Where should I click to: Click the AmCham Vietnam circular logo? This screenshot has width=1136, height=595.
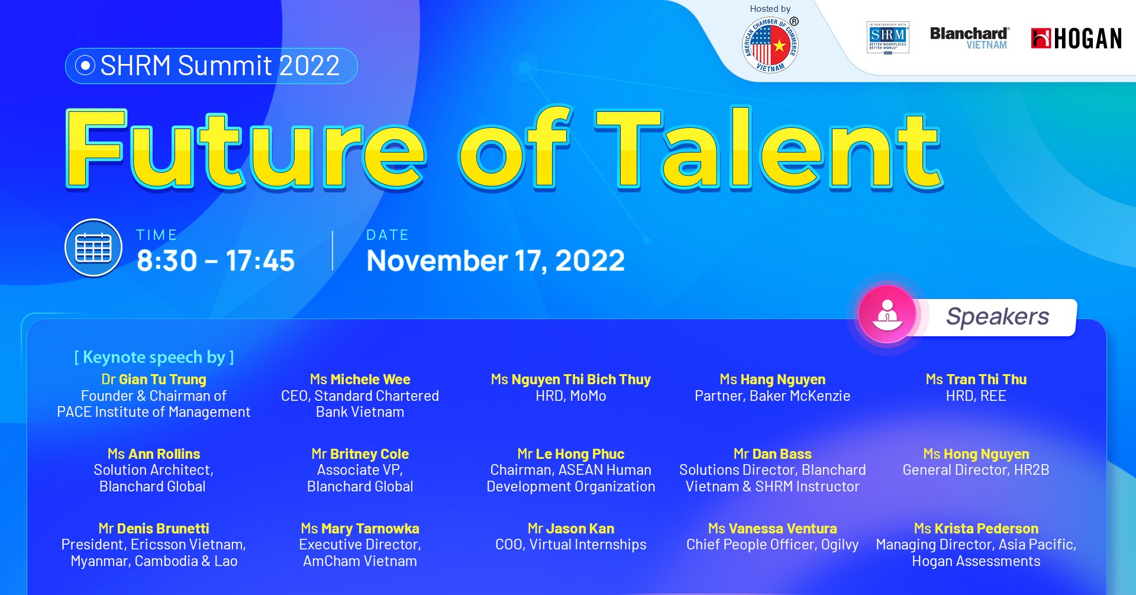(x=770, y=46)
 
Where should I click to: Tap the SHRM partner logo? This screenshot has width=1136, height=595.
(x=887, y=37)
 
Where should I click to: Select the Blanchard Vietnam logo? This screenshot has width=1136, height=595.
(x=969, y=38)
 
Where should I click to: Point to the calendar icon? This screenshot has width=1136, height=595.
(x=93, y=248)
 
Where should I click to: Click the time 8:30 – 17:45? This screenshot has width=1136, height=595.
(x=215, y=261)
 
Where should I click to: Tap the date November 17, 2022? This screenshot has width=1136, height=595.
(x=495, y=261)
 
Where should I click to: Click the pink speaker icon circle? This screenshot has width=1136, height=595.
(x=887, y=314)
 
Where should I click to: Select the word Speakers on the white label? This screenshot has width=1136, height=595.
(x=998, y=317)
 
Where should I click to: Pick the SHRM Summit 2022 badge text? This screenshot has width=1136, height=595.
(x=220, y=66)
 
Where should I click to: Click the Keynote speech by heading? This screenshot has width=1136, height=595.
(x=154, y=357)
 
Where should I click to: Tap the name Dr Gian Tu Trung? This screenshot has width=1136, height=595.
(x=154, y=379)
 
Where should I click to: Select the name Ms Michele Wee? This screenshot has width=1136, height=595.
(x=360, y=379)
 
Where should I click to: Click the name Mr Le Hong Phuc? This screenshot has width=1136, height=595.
(x=570, y=454)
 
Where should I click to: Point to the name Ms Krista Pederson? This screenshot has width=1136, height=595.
(x=976, y=529)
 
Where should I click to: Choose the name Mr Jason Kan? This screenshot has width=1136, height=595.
(x=570, y=529)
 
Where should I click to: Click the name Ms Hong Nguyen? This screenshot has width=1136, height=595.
(x=976, y=454)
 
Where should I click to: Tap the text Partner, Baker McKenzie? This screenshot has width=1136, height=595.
(x=772, y=396)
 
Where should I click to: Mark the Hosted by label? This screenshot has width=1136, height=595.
(x=770, y=9)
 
